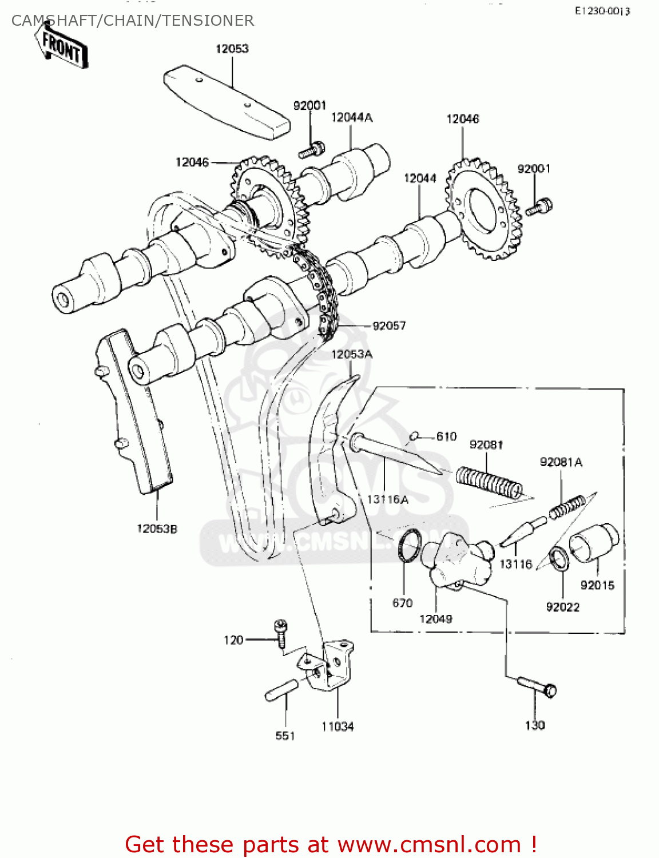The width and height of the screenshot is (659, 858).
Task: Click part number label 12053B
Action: [157, 529]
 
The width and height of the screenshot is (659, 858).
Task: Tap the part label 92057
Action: [389, 325]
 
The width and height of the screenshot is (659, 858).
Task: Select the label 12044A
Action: [352, 117]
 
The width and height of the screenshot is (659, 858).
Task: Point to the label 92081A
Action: [561, 462]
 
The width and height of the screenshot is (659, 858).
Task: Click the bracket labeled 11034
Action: [332, 666]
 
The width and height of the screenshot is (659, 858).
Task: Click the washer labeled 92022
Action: [559, 559]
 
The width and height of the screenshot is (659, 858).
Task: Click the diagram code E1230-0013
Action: [602, 11]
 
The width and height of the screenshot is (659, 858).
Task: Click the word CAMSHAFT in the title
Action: [53, 21]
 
